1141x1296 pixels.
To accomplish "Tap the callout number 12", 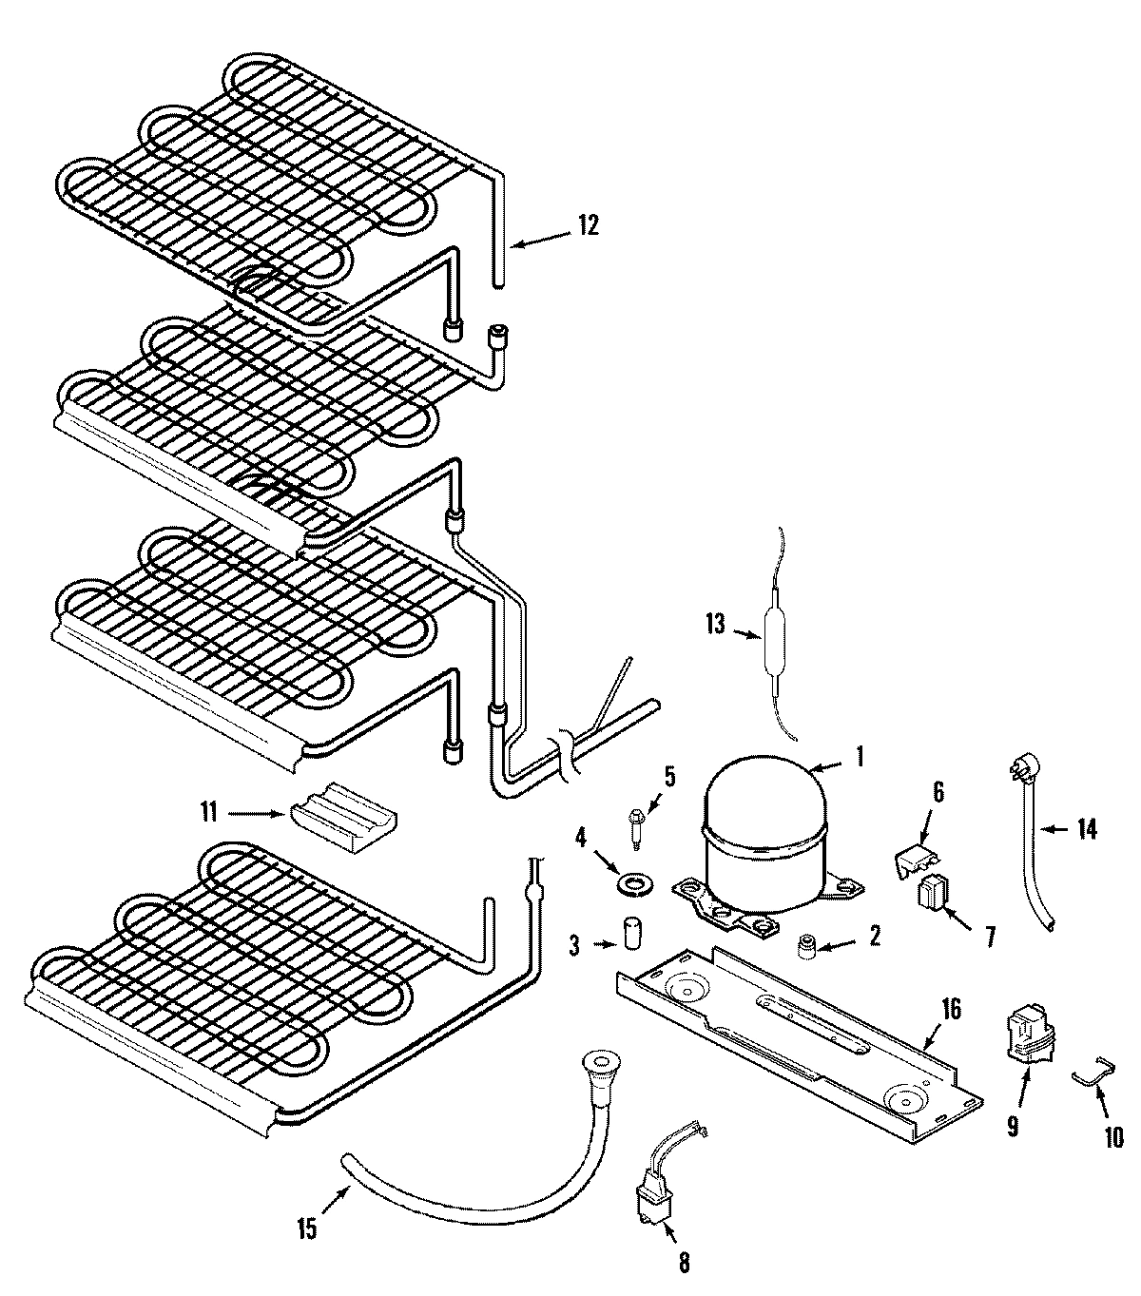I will pos(588,225).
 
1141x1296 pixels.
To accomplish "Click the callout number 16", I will pos(951,1009).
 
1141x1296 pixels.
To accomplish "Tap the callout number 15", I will pos(306,1228).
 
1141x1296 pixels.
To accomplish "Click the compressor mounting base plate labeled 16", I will pos(799,1036).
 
